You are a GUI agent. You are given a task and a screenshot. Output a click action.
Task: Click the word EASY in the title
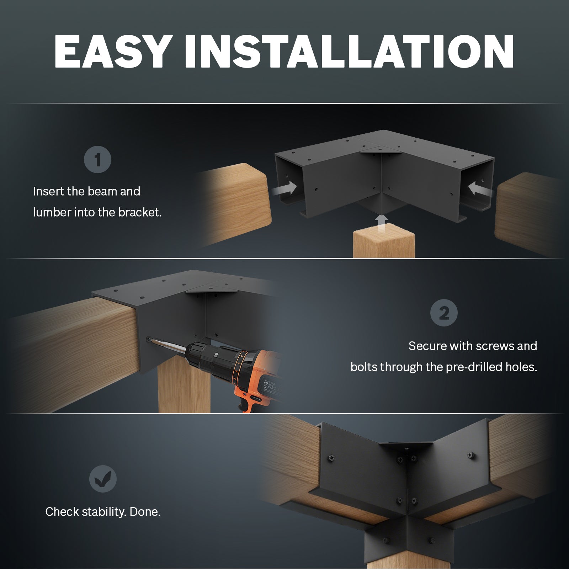pyautogui.click(x=112, y=52)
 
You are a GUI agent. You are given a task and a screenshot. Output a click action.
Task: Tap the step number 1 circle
pyautogui.click(x=97, y=160)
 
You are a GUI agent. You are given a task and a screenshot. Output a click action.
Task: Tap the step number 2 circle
pyautogui.click(x=444, y=313)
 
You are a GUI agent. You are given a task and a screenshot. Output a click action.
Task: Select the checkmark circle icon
pyautogui.click(x=103, y=479)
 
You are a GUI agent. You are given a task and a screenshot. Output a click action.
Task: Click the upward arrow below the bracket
pyautogui.click(x=382, y=223)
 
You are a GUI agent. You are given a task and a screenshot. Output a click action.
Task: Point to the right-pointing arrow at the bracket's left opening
pyautogui.click(x=285, y=188)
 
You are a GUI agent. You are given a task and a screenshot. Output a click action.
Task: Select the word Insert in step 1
pyautogui.click(x=49, y=191)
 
